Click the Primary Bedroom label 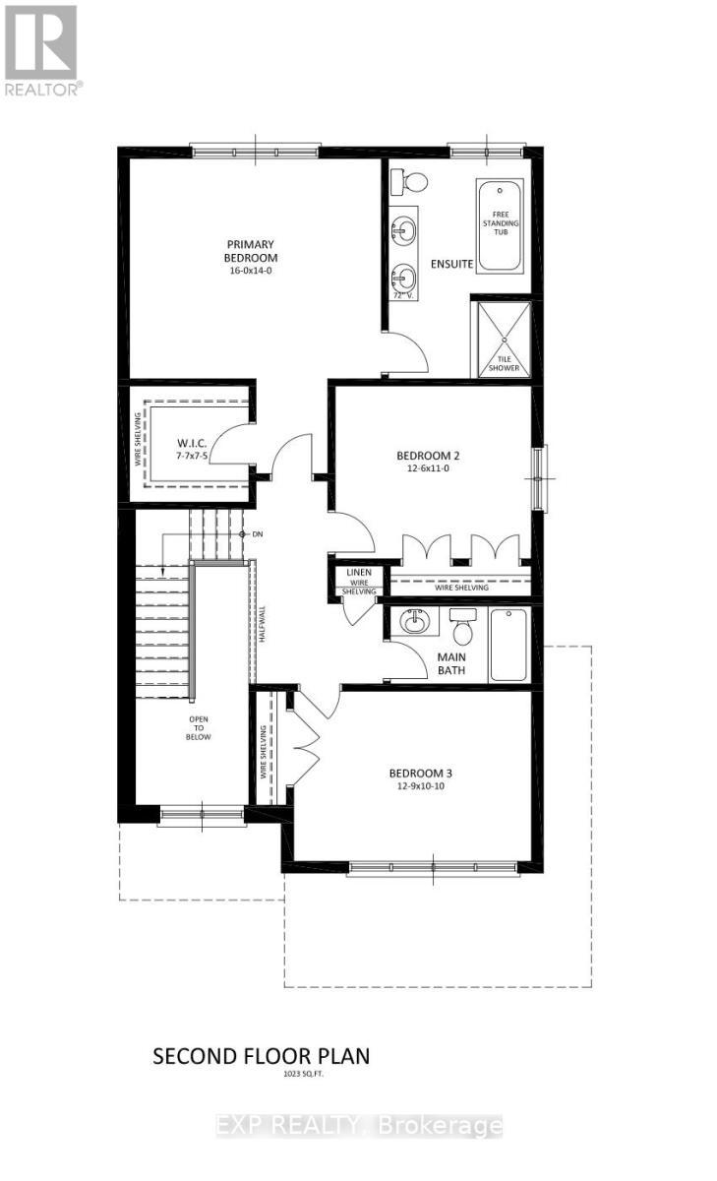[250, 251]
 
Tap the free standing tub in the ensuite [500, 225]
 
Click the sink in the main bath [413, 622]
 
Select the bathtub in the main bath [509, 645]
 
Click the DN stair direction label [258, 533]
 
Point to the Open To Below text [200, 727]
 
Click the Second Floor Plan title [261, 1056]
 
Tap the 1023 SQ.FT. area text [261, 1076]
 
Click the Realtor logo [40, 48]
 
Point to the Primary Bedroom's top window [255, 152]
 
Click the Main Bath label [451, 664]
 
